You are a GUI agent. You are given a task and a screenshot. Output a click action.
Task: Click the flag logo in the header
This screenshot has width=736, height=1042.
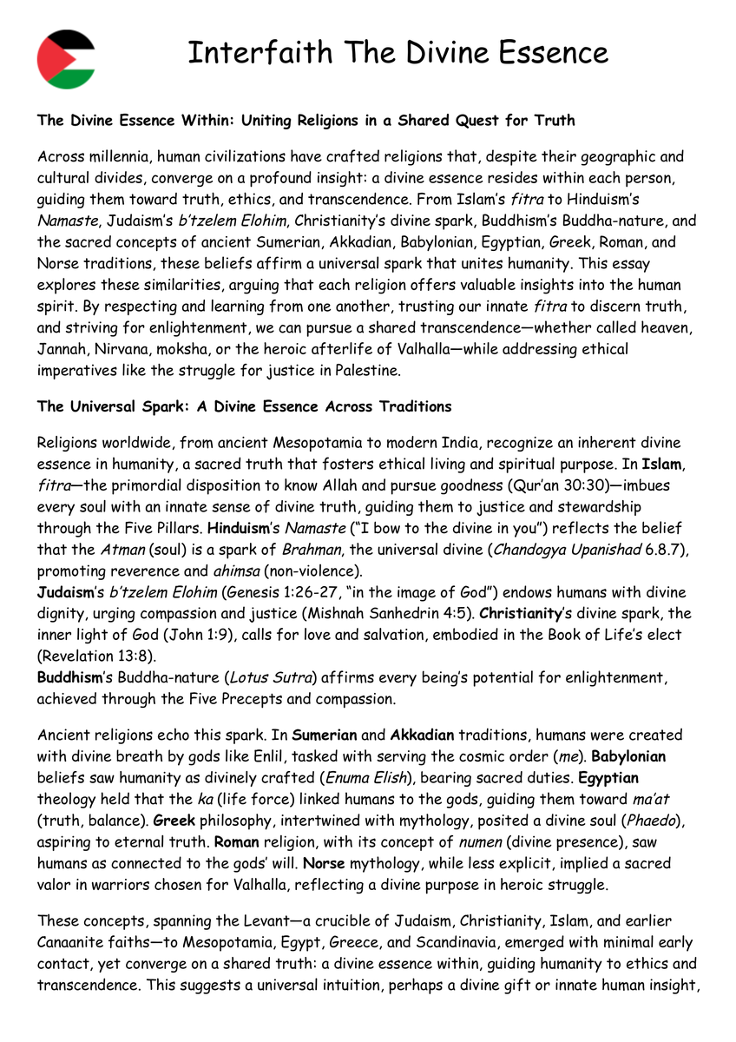click(66, 59)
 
